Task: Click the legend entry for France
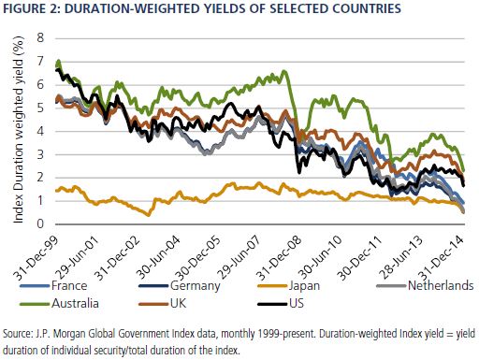53,285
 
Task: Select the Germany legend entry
180,285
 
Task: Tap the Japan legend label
288,285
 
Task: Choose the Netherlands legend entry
425,285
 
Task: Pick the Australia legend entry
59,303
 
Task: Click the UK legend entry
163,303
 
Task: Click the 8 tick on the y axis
41,38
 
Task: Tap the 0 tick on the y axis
41,223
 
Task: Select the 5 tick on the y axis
41,108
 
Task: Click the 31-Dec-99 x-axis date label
35,256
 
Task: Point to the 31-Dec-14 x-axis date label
441,256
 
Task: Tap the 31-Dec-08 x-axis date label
279,256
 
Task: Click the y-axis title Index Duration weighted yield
19,130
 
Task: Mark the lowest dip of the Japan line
148,215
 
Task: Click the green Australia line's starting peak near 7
58,61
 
